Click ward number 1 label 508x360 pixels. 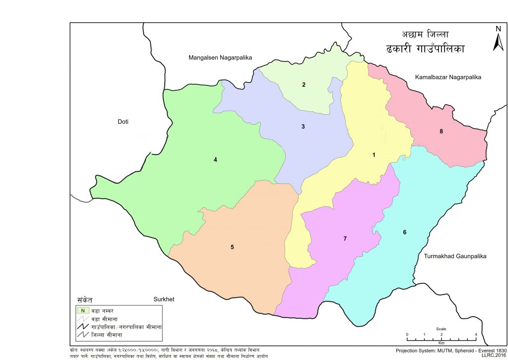[374, 155]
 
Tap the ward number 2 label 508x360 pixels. [304, 84]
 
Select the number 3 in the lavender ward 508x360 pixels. [303, 127]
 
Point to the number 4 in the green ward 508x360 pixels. [215, 159]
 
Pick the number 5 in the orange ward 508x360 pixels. [232, 247]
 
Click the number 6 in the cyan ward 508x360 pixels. [405, 232]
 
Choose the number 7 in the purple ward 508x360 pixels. [345, 239]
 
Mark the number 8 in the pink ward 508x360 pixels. [441, 132]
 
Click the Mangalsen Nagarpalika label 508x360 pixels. [220, 58]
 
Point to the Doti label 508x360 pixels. [124, 122]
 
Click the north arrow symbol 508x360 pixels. [498, 39]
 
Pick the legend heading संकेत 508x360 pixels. [85, 300]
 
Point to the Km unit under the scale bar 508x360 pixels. [441, 343]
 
